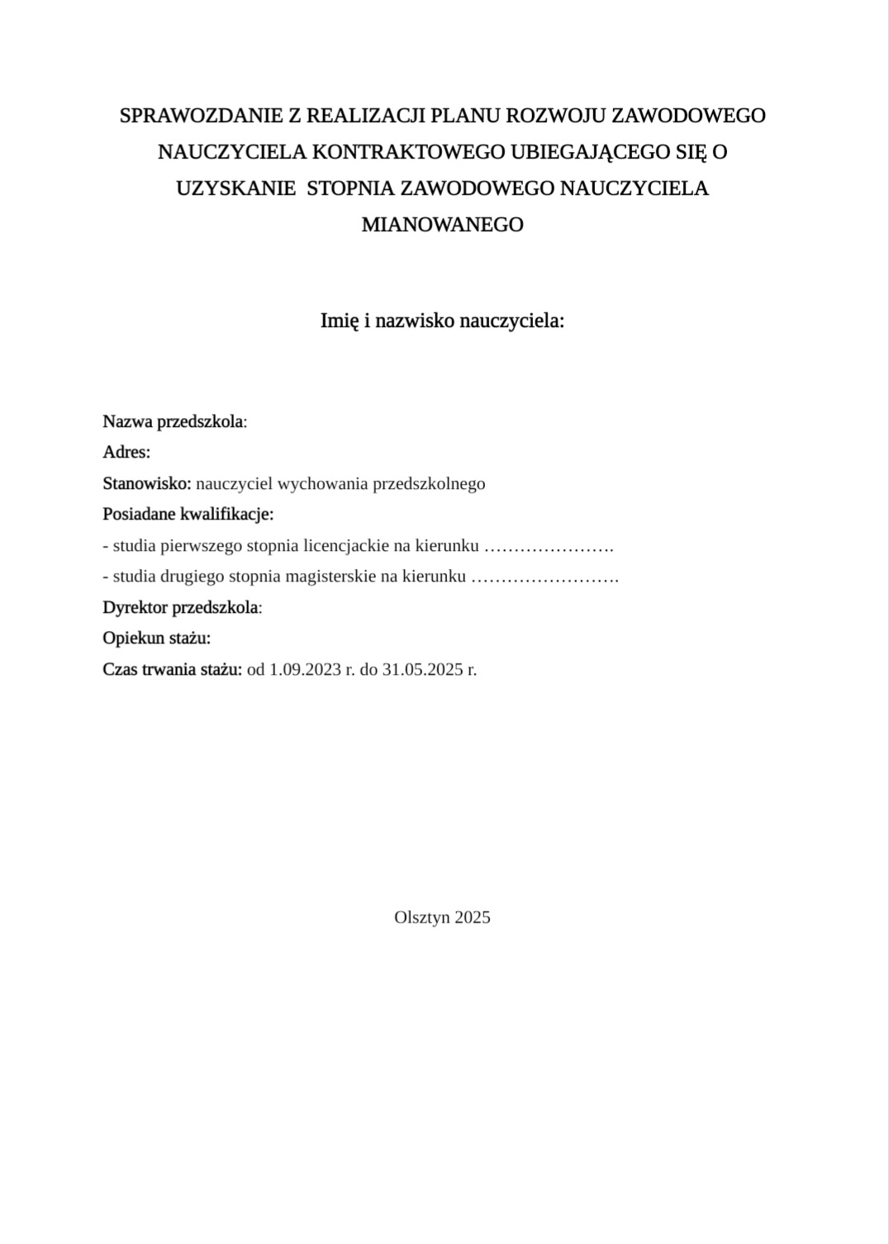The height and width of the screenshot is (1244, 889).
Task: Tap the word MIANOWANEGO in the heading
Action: click(443, 225)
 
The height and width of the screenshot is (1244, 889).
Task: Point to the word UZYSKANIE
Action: click(235, 188)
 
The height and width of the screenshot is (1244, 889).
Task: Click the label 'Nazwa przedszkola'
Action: click(174, 421)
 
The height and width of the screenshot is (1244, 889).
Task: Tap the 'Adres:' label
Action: click(126, 452)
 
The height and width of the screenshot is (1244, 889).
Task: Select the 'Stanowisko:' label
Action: click(146, 483)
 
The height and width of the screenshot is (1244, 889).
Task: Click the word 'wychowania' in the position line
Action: click(326, 483)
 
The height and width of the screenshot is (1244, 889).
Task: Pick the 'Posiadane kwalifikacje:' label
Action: click(188, 514)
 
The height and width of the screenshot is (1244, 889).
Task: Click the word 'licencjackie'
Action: click(346, 545)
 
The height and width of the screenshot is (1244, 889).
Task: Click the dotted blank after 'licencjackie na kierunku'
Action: click(548, 546)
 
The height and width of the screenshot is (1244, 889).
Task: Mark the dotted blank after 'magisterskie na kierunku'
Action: click(544, 577)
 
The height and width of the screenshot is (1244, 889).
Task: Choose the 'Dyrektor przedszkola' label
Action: click(181, 607)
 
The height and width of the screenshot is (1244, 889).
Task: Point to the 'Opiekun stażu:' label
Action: click(156, 638)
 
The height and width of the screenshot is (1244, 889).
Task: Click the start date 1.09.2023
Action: click(305, 669)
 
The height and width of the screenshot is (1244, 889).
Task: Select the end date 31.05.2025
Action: click(422, 669)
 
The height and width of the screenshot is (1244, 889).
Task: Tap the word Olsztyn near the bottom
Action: click(421, 917)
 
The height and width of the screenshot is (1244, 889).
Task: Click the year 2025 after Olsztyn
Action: click(472, 917)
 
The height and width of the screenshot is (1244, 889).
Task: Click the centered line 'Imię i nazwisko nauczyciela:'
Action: click(442, 320)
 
